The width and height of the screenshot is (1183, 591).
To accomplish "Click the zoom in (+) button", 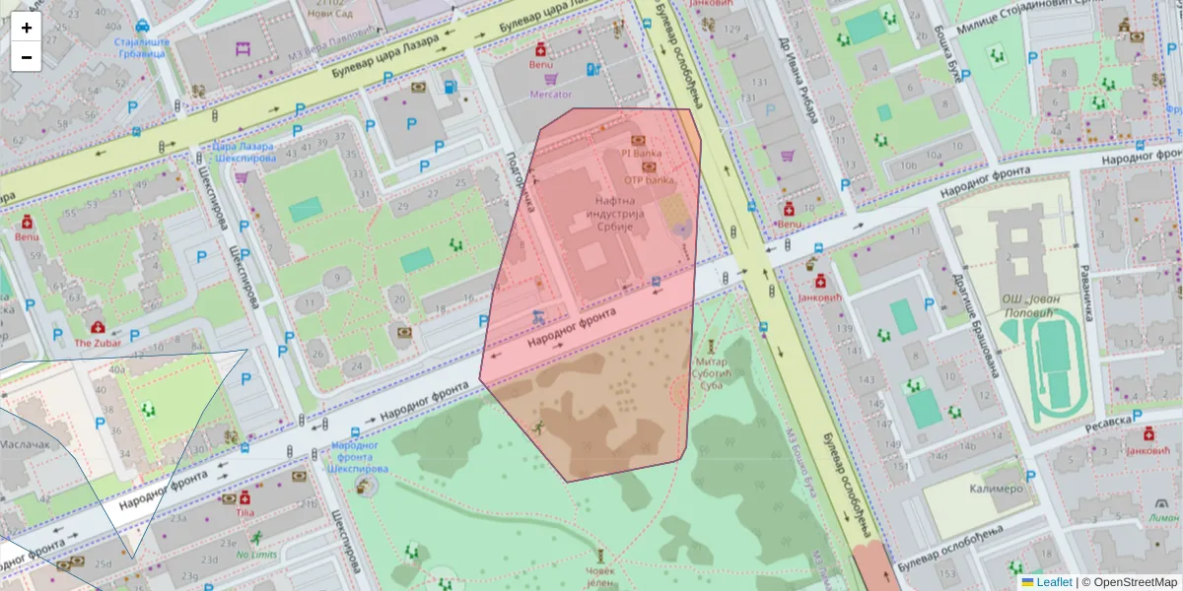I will (27, 28).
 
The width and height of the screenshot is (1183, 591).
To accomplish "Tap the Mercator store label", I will (551, 95).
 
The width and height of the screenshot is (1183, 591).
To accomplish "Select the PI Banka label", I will (640, 154).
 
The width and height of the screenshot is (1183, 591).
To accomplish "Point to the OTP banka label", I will (649, 180).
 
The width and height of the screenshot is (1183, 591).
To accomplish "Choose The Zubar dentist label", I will (98, 343).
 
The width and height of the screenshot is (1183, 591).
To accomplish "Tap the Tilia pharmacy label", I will (245, 512).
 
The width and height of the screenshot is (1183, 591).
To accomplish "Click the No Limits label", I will (256, 554).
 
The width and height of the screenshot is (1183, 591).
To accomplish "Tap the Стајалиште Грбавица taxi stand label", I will (140, 48).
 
